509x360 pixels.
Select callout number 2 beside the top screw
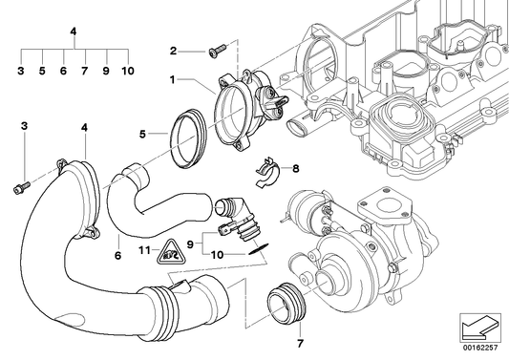tap(173, 51)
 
